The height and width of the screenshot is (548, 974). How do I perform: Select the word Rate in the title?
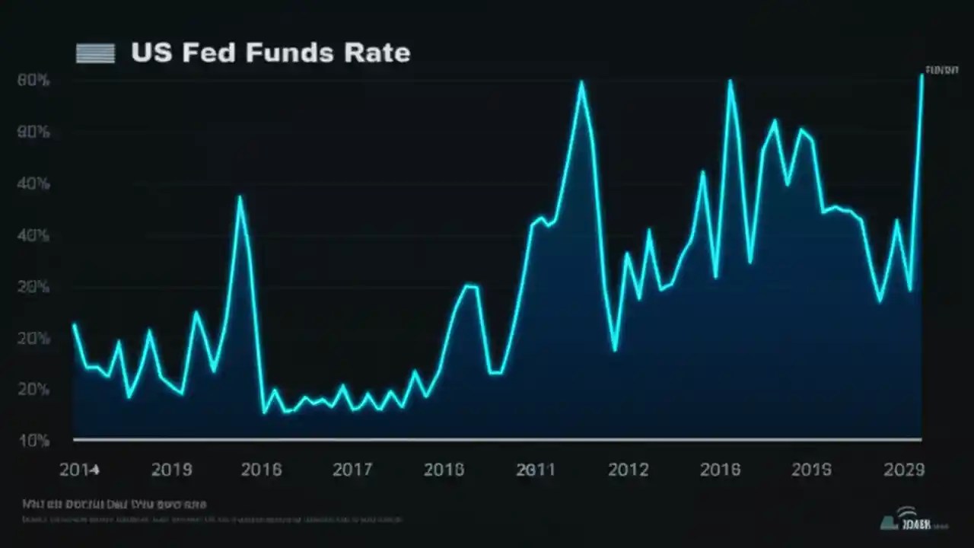378,53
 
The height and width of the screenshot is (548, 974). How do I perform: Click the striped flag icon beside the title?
95,53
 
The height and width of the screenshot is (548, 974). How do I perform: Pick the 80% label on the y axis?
33,80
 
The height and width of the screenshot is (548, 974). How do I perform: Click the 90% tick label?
33,132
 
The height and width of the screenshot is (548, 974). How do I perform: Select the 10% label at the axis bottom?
33,441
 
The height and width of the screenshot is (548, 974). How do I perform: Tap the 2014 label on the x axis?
79,470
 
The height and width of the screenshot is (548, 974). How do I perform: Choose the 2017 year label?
352,470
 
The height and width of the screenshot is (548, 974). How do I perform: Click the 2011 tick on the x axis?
536,470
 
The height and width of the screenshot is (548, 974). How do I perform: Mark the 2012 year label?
628,470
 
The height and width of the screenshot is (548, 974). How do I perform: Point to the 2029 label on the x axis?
904,470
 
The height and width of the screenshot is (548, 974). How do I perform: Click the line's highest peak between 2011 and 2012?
581,82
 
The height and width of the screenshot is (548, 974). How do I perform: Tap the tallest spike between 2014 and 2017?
240,197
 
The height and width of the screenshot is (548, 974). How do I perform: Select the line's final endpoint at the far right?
921,75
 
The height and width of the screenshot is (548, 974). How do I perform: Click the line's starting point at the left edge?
74,325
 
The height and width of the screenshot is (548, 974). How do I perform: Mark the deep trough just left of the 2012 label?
615,350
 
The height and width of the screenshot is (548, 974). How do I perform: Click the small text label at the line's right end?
941,70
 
